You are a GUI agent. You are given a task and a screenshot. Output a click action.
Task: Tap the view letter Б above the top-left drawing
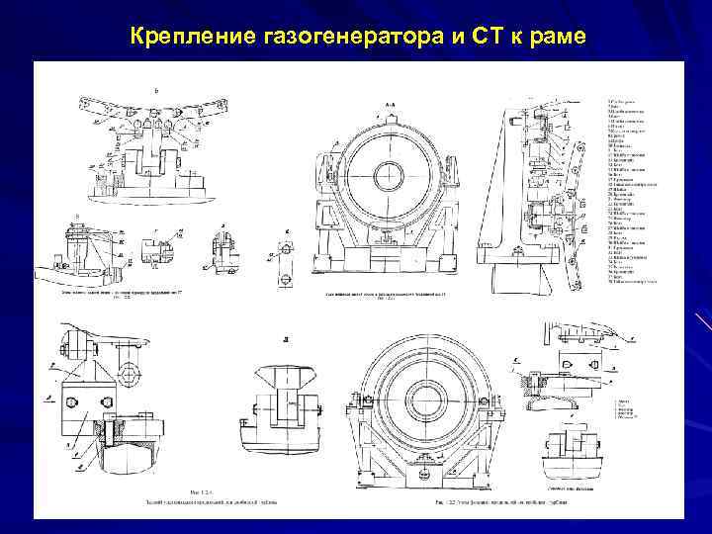click(154, 90)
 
